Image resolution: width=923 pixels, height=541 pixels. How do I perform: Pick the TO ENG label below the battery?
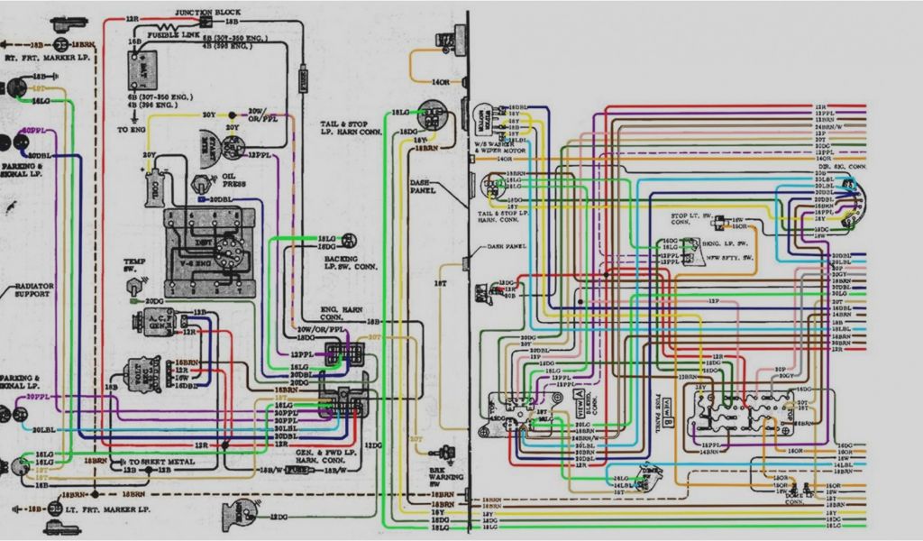tap(131, 129)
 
